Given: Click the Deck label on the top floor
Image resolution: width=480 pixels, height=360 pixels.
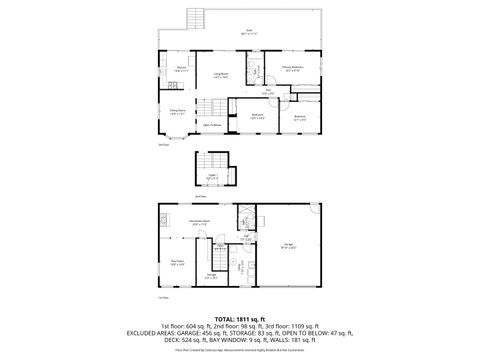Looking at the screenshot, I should click(x=248, y=32).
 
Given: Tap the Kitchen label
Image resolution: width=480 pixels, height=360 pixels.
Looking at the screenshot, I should click(x=180, y=70).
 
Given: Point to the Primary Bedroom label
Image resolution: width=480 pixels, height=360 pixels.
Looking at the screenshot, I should click(x=294, y=70).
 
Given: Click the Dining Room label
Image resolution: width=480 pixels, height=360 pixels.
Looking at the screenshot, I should click(x=176, y=113).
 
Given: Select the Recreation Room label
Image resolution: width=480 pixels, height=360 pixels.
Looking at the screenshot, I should click(x=199, y=222).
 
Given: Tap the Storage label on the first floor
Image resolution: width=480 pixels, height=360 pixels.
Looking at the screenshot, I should click(x=211, y=275).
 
